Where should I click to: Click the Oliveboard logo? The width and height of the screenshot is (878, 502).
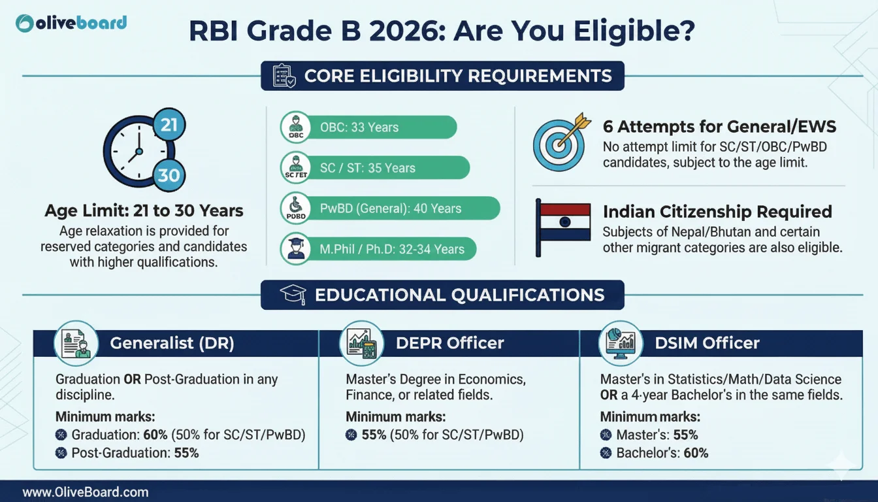click(x=71, y=24)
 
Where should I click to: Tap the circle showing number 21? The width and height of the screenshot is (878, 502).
click(x=169, y=125)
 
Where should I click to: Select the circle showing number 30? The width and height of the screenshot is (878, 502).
click(x=169, y=175)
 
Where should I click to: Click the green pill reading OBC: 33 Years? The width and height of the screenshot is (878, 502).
click(x=368, y=127)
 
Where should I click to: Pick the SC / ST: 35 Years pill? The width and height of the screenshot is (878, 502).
click(x=375, y=168)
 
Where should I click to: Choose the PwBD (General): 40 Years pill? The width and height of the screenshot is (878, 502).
click(x=390, y=209)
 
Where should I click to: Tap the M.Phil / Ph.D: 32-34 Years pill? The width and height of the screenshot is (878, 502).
click(x=378, y=249)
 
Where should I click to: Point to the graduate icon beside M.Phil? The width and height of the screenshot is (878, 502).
click(x=296, y=248)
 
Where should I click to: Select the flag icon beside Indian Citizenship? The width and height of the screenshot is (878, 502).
click(x=563, y=227)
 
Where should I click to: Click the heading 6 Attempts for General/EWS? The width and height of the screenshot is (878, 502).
click(x=720, y=127)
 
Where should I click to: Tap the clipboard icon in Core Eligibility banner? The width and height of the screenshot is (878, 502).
click(x=284, y=76)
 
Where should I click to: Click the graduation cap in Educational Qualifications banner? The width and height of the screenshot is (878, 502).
click(x=293, y=295)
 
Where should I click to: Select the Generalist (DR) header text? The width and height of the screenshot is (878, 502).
click(x=172, y=343)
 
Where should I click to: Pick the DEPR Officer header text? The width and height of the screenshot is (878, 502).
click(x=449, y=343)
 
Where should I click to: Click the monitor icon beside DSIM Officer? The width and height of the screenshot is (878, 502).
click(x=621, y=344)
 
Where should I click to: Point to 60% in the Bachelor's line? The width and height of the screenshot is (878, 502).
click(x=696, y=453)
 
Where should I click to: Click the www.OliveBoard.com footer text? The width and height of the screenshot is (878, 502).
click(x=86, y=492)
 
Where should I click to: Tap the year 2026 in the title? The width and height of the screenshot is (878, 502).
click(x=407, y=31)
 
